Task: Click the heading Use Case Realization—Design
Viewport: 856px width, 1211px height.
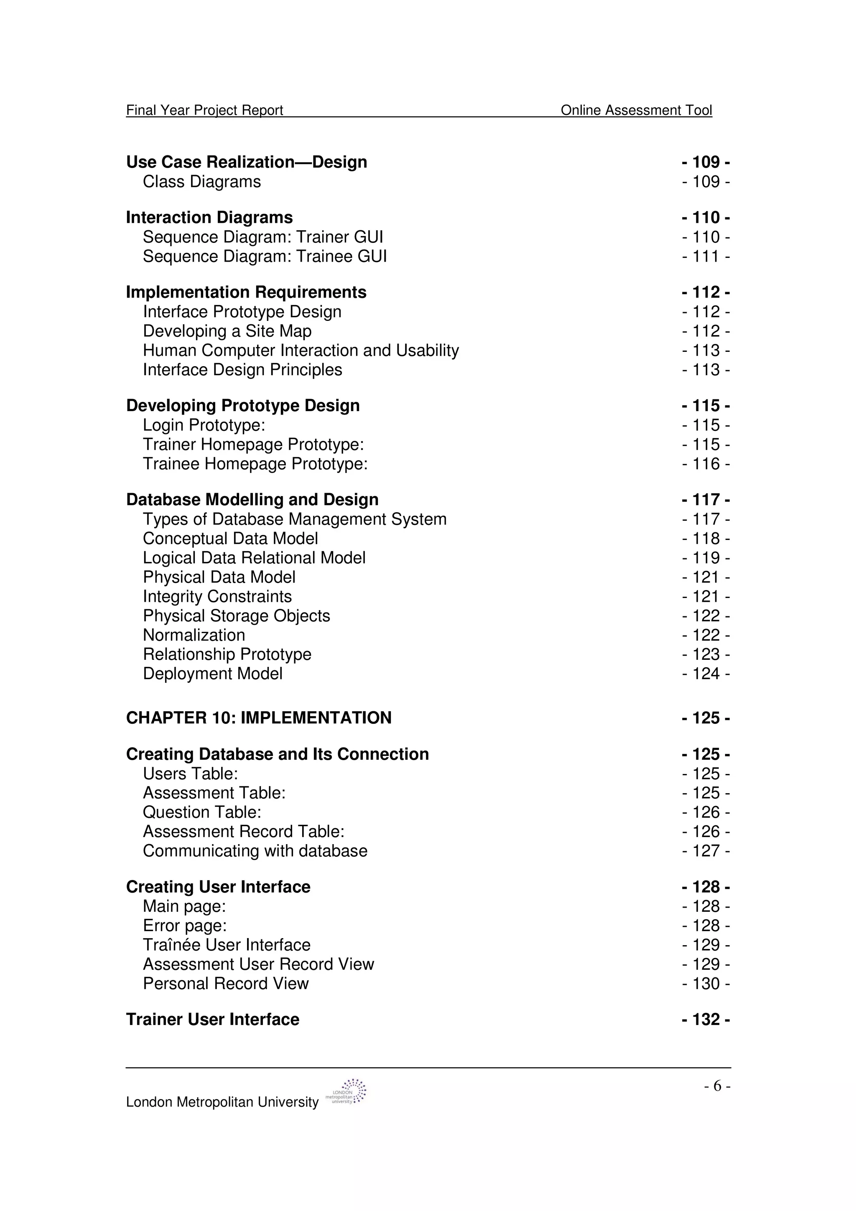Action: point(246,162)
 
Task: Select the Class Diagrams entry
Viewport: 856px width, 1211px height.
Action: point(201,181)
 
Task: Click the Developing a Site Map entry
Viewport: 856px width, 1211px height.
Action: point(227,331)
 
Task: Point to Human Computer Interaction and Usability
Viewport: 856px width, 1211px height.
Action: point(301,351)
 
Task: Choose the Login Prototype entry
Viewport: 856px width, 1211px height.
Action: point(204,425)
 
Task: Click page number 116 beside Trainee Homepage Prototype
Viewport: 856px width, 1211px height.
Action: point(706,464)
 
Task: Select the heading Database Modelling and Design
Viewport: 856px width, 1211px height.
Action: point(252,499)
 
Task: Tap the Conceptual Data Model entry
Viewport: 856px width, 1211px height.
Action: point(230,539)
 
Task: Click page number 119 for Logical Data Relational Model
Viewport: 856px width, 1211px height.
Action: point(706,558)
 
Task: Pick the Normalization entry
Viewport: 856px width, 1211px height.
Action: point(194,635)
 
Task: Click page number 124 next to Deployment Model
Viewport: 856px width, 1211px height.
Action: point(706,674)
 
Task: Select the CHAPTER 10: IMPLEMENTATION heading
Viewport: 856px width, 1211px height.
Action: point(258,718)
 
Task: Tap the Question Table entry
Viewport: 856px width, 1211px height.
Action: point(202,812)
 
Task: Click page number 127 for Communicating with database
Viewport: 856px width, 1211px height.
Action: point(706,851)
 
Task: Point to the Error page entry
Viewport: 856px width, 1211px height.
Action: point(185,926)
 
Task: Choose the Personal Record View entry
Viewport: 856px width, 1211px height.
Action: point(225,984)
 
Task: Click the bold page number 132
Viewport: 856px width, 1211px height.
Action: point(706,1020)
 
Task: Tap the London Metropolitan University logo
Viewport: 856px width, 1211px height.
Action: point(346,1092)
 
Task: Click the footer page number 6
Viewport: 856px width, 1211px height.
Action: point(717,1086)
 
